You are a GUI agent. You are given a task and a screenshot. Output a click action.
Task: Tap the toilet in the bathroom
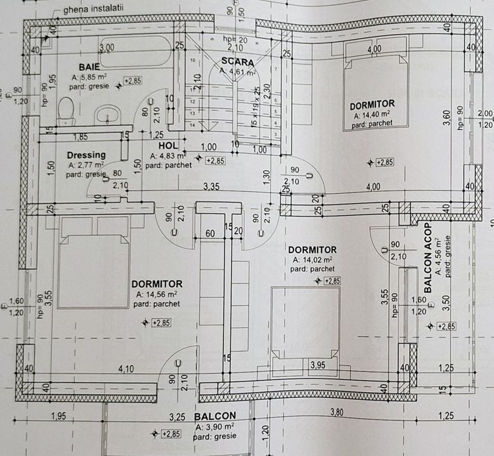[67, 110]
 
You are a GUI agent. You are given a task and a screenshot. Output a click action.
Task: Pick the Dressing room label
[86, 155]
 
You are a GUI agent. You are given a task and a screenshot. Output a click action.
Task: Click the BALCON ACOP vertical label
[428, 258]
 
